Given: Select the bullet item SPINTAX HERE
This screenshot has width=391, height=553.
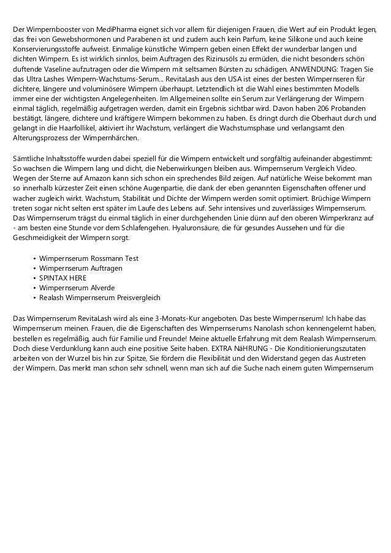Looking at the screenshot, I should [x=63, y=277].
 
